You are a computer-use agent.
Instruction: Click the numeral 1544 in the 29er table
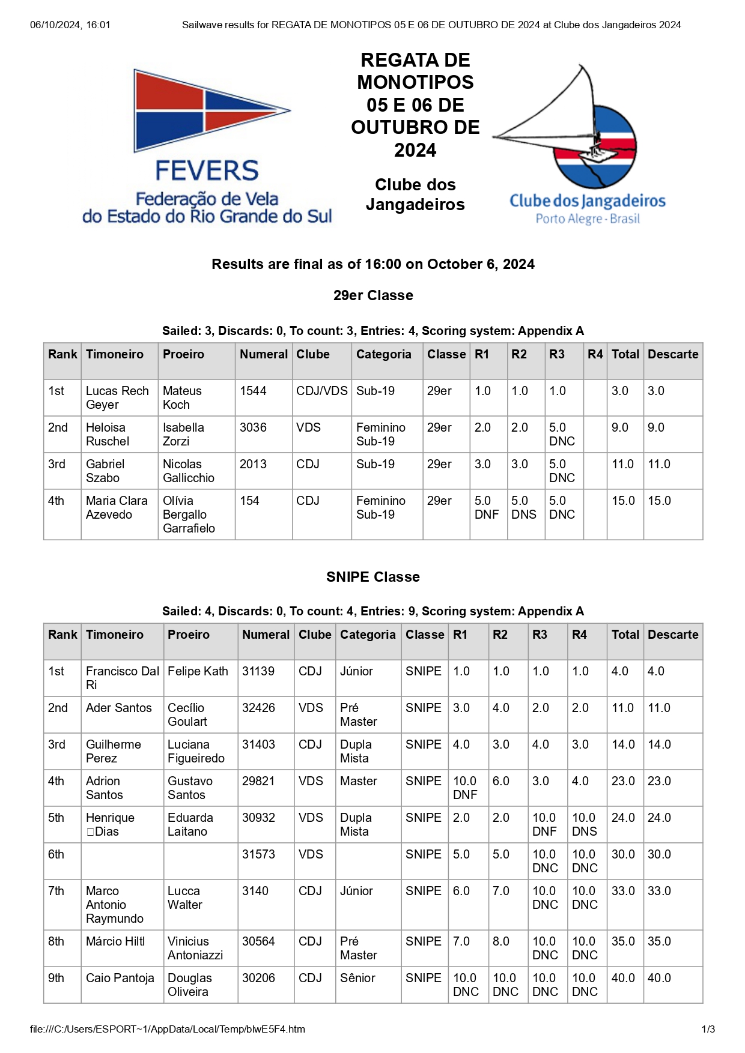(x=253, y=391)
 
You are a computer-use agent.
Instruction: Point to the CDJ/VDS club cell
(x=321, y=391)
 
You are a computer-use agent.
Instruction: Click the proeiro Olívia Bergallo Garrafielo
(x=189, y=514)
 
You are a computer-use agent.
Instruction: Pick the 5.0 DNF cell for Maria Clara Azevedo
(x=486, y=507)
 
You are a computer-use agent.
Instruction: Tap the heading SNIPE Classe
(x=372, y=577)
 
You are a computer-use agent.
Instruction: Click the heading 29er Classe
(x=373, y=295)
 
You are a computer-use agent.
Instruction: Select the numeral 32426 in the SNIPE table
(x=258, y=708)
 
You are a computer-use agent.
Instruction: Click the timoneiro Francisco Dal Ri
(x=122, y=678)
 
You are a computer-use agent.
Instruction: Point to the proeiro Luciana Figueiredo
(x=196, y=751)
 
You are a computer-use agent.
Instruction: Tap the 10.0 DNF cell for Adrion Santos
(x=464, y=788)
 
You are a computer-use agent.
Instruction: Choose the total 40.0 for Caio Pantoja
(x=623, y=978)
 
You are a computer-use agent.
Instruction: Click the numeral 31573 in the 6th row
(x=258, y=854)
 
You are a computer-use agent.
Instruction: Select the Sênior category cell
(x=357, y=978)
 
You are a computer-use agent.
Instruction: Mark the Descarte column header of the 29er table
(x=673, y=354)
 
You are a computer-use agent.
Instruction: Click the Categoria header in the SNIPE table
(x=368, y=635)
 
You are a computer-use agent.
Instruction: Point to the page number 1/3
(x=708, y=1029)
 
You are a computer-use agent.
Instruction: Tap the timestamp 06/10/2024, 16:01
(x=70, y=25)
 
